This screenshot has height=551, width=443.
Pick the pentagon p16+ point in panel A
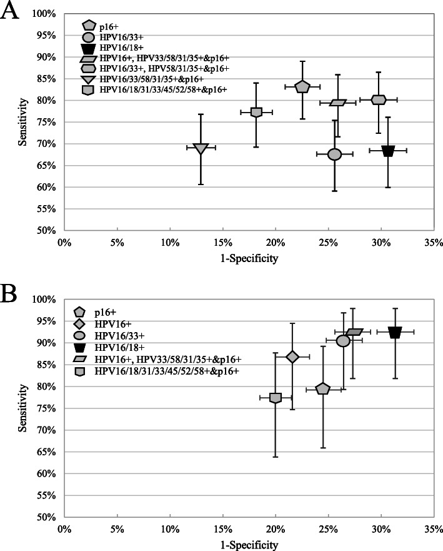302,86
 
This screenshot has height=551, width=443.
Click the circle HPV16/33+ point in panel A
334,154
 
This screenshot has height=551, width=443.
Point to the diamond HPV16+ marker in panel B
292,356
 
